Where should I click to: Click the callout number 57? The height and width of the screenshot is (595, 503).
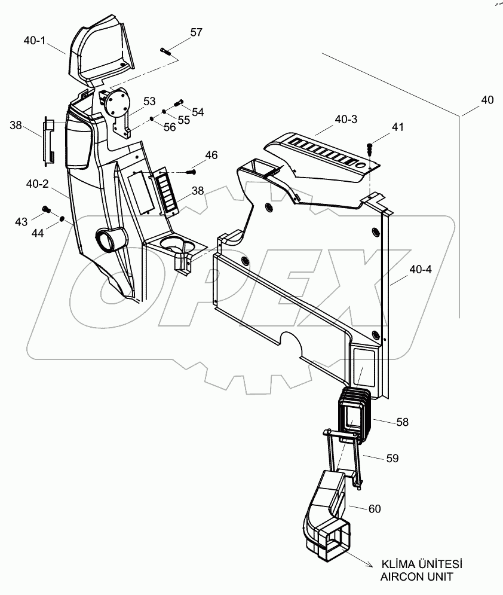pos(197,32)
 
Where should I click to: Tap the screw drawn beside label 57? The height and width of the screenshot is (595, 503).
pos(167,51)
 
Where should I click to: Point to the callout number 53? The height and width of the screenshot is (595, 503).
pos(149,100)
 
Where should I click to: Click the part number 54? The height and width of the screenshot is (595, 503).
pos(197,112)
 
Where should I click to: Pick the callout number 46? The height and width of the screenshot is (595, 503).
pos(211,155)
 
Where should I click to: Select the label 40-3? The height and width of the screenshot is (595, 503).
pos(346,120)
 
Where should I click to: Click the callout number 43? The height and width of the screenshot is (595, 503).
pos(21,221)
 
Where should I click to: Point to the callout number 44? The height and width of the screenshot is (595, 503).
pos(37,234)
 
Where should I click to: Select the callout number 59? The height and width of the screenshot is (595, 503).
pos(391,458)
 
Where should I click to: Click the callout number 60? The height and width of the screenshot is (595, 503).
pos(374,509)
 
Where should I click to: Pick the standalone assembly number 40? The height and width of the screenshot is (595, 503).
pos(487,100)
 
